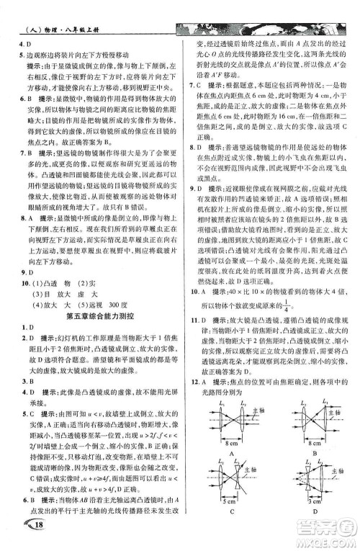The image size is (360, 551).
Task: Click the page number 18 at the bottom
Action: (20, 530)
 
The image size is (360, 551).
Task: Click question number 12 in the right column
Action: (193, 378)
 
